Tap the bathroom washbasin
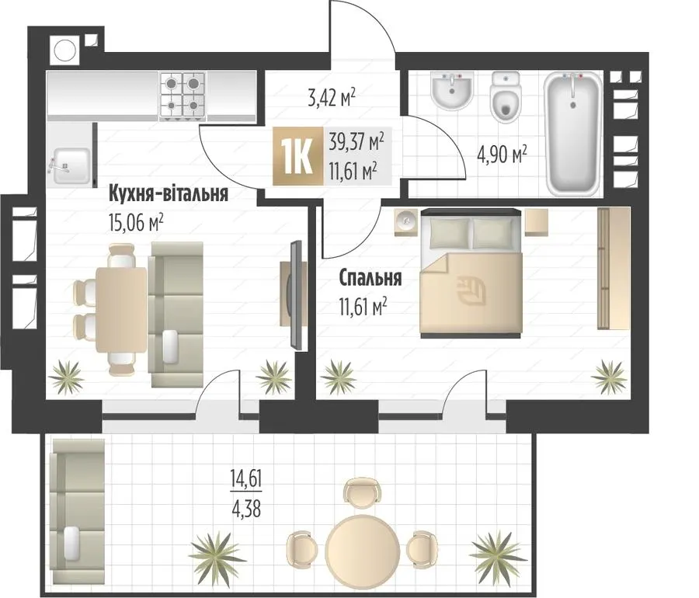[451, 91]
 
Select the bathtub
[573, 134]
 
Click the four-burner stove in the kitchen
[183, 96]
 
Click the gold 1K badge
[297, 155]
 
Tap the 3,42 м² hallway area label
[332, 98]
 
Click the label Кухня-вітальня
[169, 194]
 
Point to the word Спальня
[370, 278]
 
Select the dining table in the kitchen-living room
[121, 310]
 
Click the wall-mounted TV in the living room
[296, 295]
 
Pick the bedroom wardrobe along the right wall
[614, 269]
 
